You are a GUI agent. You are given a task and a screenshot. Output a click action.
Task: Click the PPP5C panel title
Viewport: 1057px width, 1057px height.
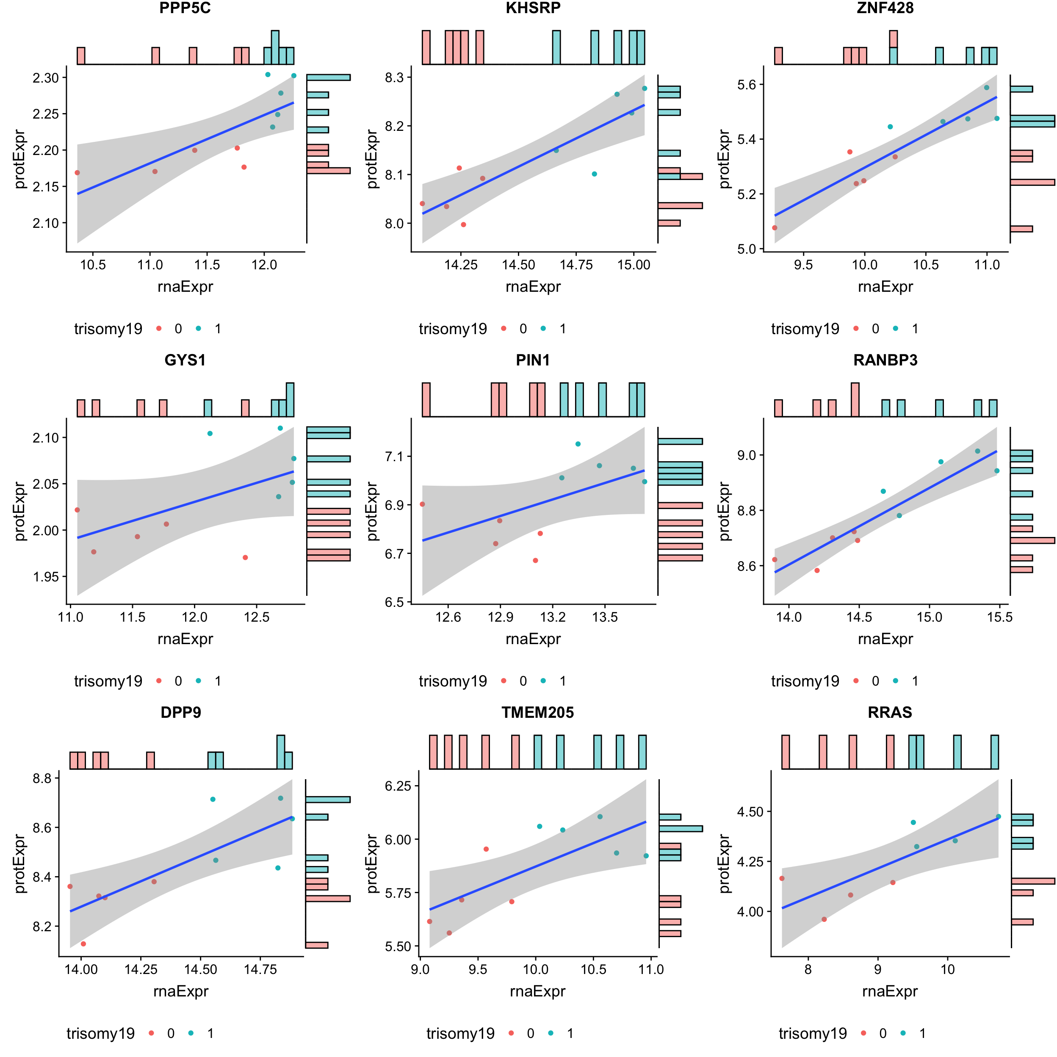[185, 8]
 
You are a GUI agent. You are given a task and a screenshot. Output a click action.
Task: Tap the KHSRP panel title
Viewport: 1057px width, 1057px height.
[533, 8]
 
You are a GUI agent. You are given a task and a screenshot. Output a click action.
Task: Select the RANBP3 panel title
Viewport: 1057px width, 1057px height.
[885, 360]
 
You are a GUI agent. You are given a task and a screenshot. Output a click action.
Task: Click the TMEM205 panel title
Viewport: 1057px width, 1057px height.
[537, 712]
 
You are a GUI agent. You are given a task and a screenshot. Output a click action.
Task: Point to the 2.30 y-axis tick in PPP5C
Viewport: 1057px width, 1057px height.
[45, 77]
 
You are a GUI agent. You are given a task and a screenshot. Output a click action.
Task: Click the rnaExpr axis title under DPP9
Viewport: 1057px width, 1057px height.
[180, 991]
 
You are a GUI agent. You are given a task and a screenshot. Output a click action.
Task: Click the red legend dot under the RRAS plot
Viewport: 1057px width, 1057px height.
[863, 1033]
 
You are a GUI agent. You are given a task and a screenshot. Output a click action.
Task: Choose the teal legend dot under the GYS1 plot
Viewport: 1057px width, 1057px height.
[198, 681]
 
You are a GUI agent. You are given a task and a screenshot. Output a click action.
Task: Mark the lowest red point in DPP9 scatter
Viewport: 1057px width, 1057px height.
[83, 944]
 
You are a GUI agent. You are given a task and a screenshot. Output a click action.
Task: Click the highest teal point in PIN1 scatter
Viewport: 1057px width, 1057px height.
[578, 444]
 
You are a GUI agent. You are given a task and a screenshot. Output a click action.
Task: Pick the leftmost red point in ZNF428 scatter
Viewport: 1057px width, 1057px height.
[774, 227]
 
